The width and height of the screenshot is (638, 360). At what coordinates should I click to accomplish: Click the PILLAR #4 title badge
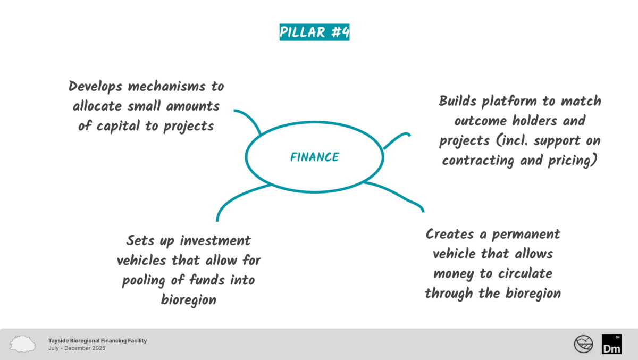pyautogui.click(x=314, y=32)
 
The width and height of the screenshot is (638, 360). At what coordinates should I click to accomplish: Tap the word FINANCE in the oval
pyautogui.click(x=315, y=157)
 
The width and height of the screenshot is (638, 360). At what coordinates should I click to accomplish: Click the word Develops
pyautogui.click(x=95, y=87)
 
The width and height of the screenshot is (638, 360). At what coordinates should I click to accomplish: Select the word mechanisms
pyautogui.click(x=166, y=86)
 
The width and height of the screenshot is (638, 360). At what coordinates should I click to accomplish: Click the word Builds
pyautogui.click(x=457, y=101)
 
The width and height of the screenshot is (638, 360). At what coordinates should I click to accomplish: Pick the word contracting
pyautogui.click(x=478, y=161)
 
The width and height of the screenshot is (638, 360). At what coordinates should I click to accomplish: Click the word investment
pyautogui.click(x=215, y=241)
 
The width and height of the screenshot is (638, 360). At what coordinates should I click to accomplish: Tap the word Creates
pyautogui.click(x=450, y=235)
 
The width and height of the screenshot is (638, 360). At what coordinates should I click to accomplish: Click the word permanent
pyautogui.click(x=526, y=235)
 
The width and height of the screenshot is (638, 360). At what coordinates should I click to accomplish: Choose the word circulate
pyautogui.click(x=525, y=274)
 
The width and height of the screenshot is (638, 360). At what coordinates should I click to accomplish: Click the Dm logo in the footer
pyautogui.click(x=611, y=344)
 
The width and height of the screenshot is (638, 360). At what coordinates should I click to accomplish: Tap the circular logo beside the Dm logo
pyautogui.click(x=583, y=344)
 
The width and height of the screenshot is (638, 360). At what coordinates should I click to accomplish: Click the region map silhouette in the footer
pyautogui.click(x=22, y=344)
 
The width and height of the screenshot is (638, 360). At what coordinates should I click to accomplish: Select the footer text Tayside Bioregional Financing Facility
pyautogui.click(x=97, y=341)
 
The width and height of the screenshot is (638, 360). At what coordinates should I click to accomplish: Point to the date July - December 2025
pyautogui.click(x=77, y=348)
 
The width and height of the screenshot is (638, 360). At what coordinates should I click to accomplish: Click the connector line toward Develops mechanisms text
pyautogui.click(x=250, y=118)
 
